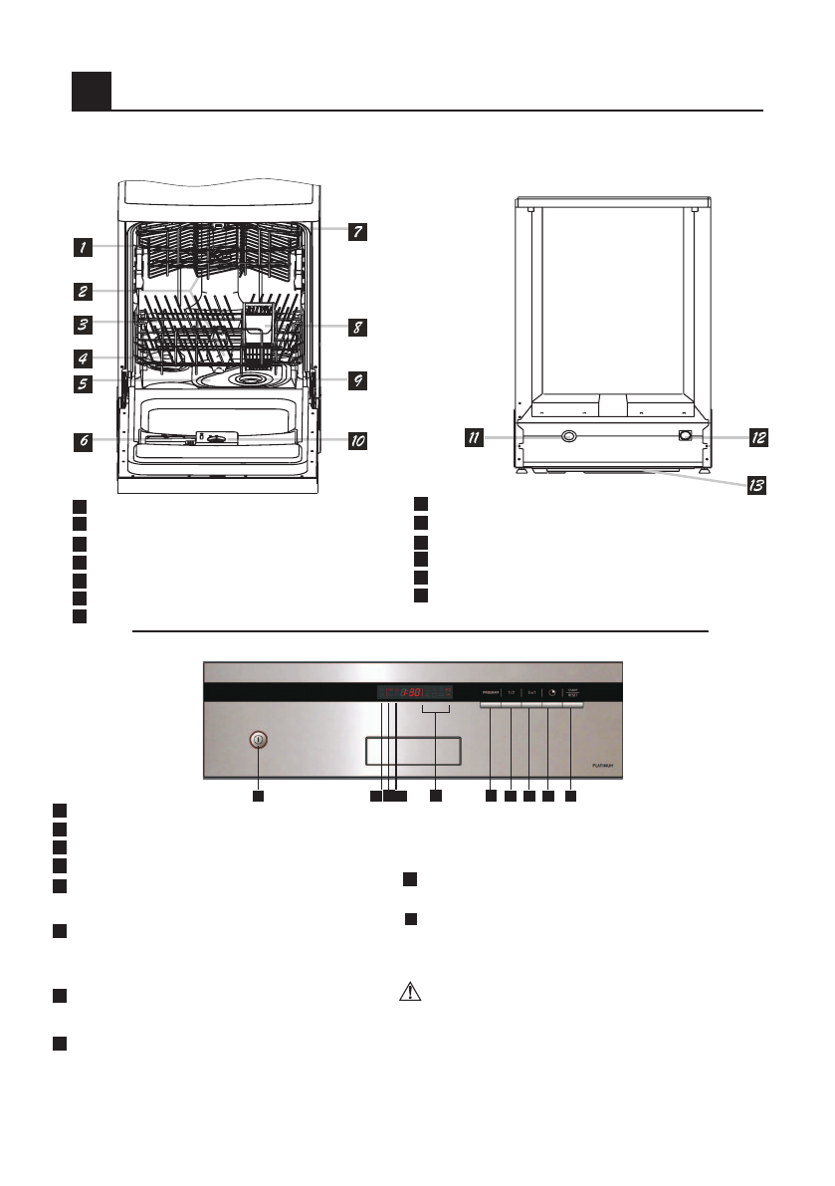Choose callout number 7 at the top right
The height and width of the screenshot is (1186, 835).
[x=356, y=232]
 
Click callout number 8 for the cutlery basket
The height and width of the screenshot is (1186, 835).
[x=356, y=326]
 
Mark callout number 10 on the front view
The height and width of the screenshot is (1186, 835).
[x=356, y=439]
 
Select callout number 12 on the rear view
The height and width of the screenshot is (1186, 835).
[x=758, y=436]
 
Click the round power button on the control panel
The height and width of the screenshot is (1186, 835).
[x=258, y=739]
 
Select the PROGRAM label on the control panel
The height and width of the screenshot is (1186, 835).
[x=490, y=690]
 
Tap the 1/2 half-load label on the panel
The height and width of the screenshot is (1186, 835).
[x=511, y=690]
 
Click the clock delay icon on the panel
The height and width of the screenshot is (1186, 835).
[x=549, y=690]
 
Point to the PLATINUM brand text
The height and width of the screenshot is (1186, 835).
[x=601, y=766]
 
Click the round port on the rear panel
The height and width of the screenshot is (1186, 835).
[x=568, y=436]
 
